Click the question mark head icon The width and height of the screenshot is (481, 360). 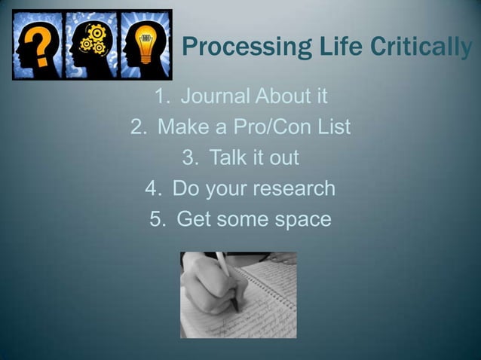[x=38, y=44]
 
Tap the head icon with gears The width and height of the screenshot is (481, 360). [x=91, y=44]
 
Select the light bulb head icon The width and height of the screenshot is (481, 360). [x=145, y=44]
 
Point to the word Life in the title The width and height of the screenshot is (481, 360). [x=326, y=47]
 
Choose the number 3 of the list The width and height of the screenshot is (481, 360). [x=190, y=158]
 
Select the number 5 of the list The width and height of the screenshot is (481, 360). [x=157, y=220]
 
